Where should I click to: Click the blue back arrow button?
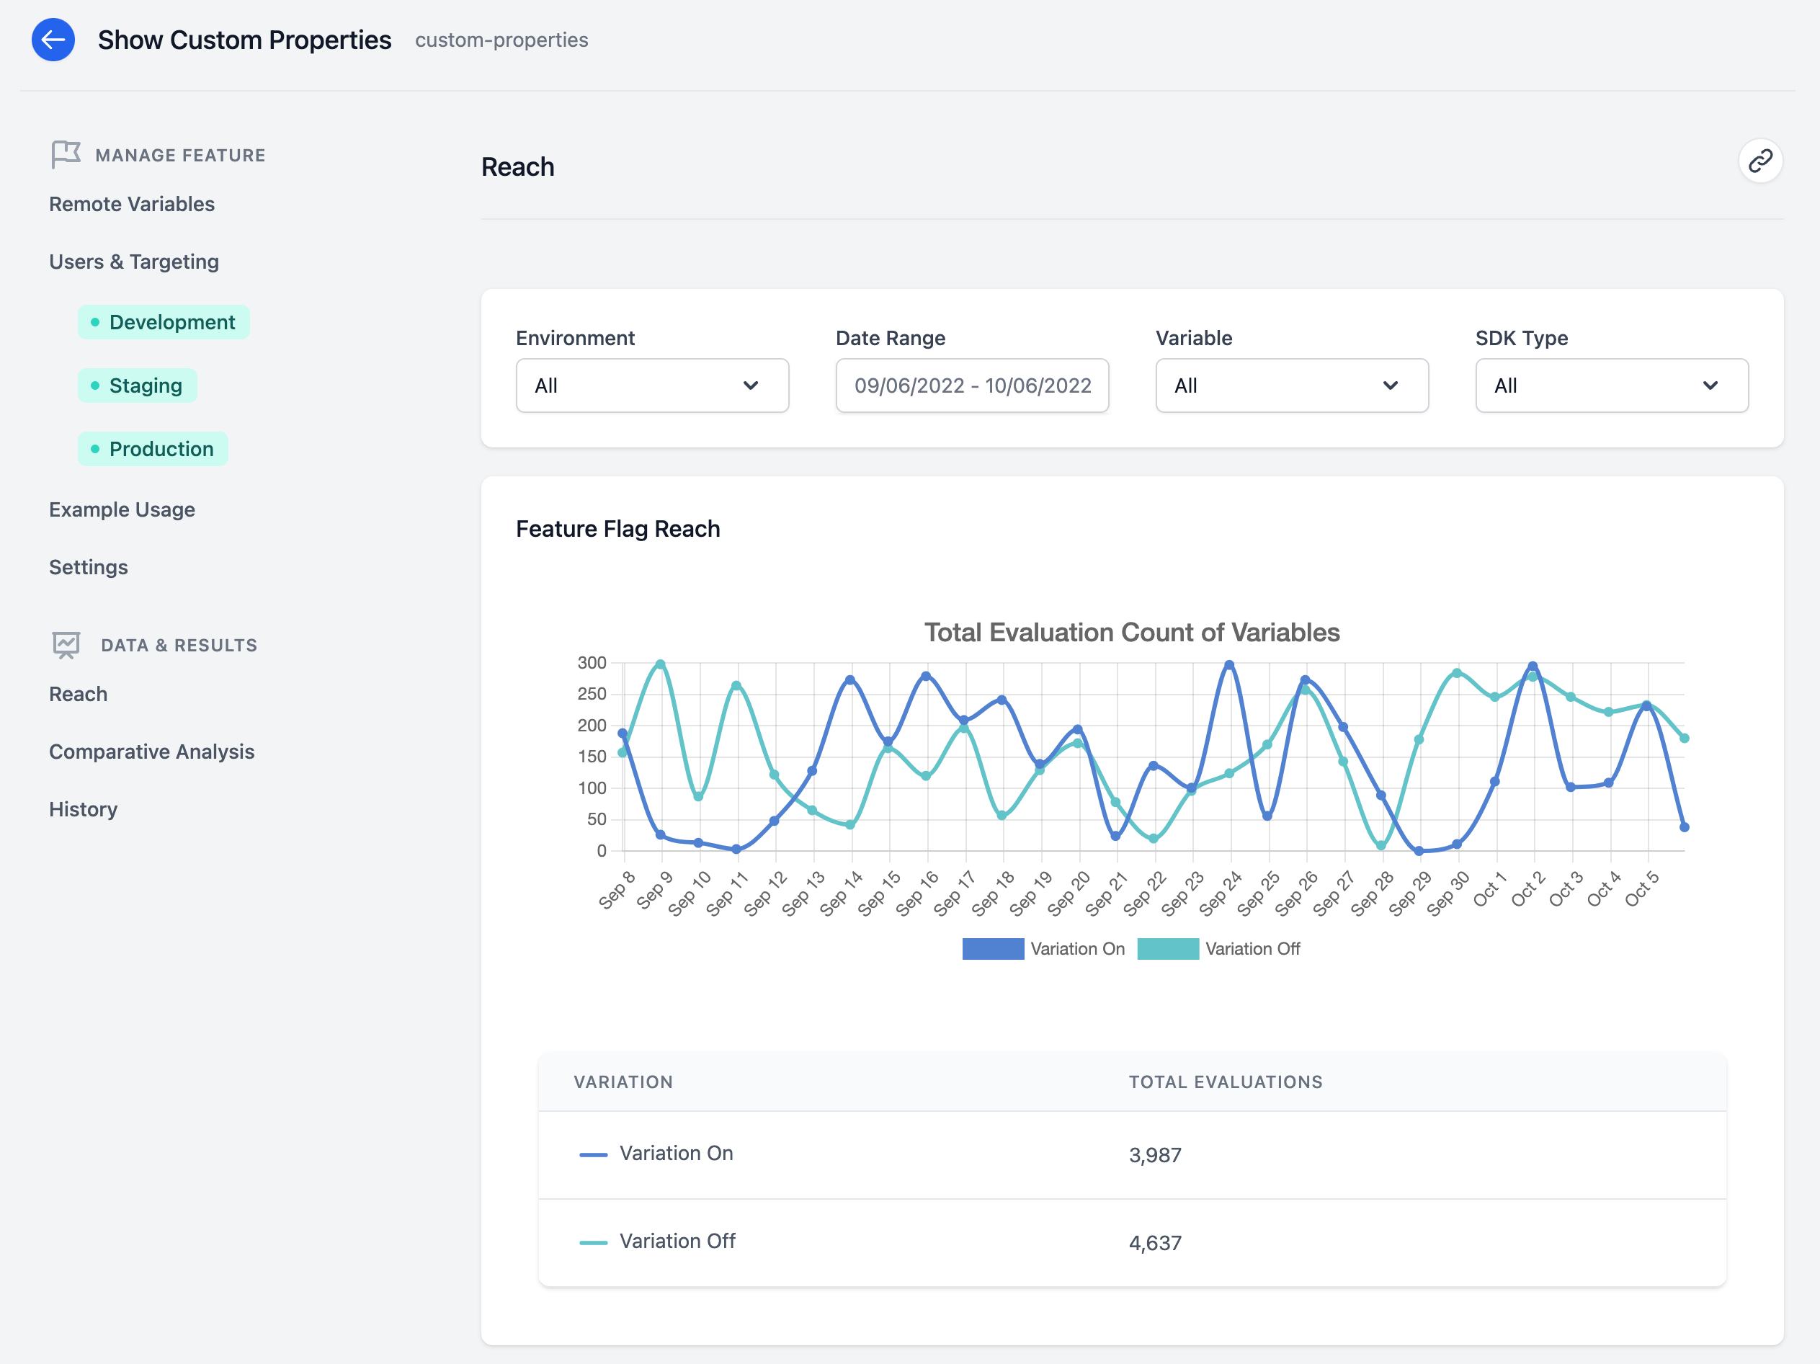coord(53,40)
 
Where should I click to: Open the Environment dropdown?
coord(651,385)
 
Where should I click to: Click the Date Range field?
coord(972,385)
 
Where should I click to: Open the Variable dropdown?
coord(1291,385)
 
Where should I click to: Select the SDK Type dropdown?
coord(1611,385)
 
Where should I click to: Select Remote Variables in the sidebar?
coord(132,204)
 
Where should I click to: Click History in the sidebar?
coord(83,808)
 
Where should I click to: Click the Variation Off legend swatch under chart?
coord(1167,948)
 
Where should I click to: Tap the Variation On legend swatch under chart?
coord(992,948)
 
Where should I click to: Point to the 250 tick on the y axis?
coord(592,693)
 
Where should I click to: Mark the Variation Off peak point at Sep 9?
coord(661,664)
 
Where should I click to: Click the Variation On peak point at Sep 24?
coord(1229,665)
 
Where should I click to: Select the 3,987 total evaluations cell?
coord(1154,1155)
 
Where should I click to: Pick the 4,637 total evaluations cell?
coord(1154,1242)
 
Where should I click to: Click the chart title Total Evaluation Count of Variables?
coord(1131,632)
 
